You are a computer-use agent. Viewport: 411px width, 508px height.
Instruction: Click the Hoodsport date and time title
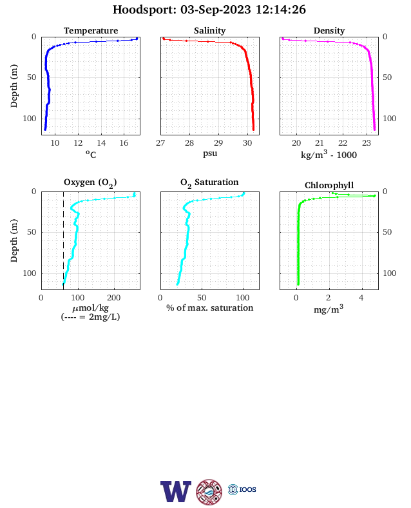(x=209, y=10)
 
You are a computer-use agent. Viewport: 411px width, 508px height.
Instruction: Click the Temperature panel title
(x=91, y=30)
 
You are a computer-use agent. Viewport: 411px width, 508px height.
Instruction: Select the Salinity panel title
(x=210, y=30)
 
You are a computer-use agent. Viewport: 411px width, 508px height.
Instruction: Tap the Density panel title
(x=329, y=30)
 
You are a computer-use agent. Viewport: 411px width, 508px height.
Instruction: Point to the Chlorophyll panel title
(x=329, y=185)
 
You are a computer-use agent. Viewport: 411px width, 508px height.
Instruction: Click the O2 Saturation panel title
(x=209, y=182)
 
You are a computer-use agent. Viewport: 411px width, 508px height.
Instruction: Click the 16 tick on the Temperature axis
(x=124, y=143)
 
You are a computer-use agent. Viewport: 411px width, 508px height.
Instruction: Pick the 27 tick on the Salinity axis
(x=160, y=143)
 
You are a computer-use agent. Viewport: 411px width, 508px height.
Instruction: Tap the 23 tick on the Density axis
(x=366, y=143)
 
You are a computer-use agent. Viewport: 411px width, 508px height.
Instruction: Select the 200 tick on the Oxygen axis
(x=114, y=297)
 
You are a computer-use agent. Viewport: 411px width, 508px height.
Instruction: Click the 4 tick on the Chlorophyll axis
(x=361, y=297)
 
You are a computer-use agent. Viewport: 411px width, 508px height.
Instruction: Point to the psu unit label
(x=210, y=153)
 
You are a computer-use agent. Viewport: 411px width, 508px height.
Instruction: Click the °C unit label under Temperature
(x=91, y=154)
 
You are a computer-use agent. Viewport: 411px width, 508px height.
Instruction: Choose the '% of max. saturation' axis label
(x=210, y=308)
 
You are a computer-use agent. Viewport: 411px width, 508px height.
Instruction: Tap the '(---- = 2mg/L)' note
(x=91, y=317)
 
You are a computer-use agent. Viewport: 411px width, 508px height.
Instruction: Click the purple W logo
(x=176, y=491)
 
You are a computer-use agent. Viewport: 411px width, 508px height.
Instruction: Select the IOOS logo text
(x=247, y=489)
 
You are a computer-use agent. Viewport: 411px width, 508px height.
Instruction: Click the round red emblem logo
(x=209, y=492)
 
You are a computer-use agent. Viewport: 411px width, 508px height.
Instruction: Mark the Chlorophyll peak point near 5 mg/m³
(x=374, y=196)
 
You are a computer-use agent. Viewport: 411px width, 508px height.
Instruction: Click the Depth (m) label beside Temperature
(x=14, y=86)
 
